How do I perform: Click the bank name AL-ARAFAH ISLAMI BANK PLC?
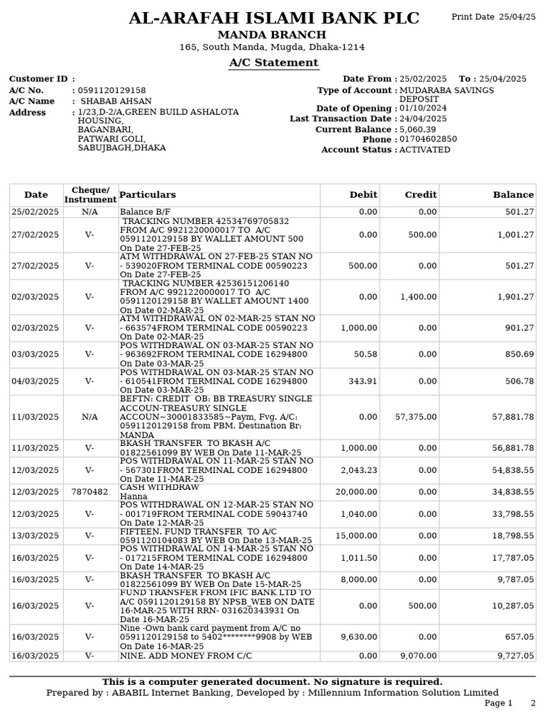[273, 18]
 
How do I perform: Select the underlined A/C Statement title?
[273, 63]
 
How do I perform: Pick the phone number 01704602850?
[428, 140]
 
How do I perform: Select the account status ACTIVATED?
[424, 150]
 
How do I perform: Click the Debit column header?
[363, 195]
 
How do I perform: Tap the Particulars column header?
[148, 195]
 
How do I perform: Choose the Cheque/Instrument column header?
[90, 195]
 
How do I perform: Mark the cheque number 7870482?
[90, 492]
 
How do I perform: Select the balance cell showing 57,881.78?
[513, 417]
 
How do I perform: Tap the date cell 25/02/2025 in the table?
[35, 212]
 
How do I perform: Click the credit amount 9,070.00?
[419, 657]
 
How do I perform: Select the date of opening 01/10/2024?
[424, 108]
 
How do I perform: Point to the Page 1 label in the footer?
[498, 703]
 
